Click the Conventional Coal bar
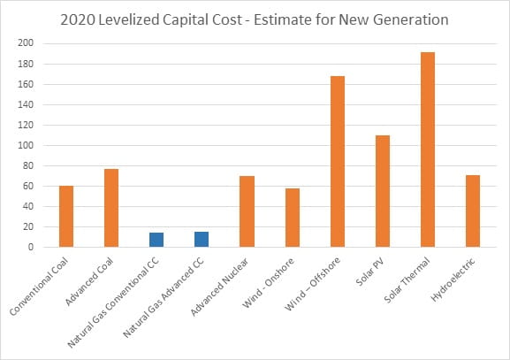66,217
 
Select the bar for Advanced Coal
111,208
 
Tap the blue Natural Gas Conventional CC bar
156,240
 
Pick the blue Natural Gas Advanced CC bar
202,240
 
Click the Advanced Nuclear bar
247,211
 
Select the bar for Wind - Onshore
292,218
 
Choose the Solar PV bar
382,191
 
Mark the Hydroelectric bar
472,211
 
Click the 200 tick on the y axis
26,43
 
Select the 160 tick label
26,84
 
